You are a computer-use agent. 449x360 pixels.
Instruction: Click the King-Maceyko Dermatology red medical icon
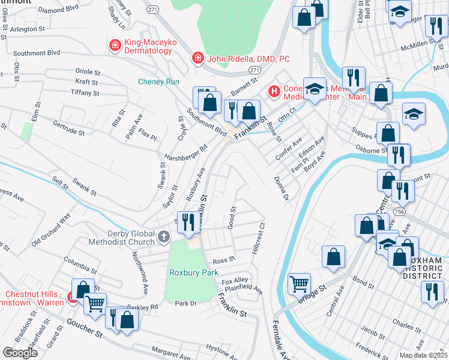point(114,44)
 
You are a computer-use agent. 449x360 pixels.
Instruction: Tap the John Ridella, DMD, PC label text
point(248,59)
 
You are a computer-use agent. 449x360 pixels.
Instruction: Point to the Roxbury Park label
point(193,272)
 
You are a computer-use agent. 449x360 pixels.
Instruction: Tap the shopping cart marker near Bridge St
point(299,283)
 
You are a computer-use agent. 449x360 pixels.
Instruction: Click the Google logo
point(20,352)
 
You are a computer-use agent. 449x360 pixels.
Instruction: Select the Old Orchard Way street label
point(51,229)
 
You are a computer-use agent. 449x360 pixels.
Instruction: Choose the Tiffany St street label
point(83,93)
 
